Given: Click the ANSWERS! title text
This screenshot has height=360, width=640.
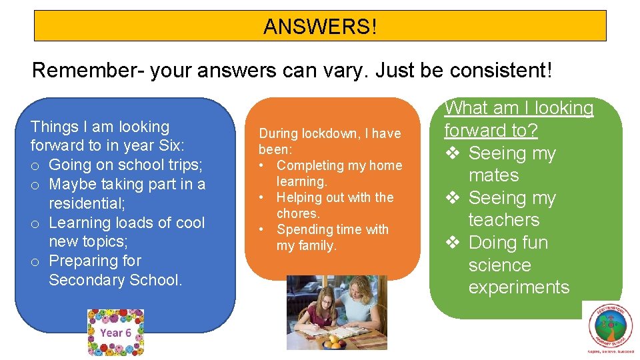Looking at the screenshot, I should pyautogui.click(x=320, y=27).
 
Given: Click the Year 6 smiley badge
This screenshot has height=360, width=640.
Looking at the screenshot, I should pyautogui.click(x=116, y=333).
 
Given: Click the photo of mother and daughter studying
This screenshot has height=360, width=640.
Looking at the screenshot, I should pyautogui.click(x=337, y=313).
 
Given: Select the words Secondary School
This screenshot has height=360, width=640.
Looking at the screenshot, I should pyautogui.click(x=115, y=280).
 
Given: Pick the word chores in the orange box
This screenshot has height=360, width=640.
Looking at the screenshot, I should pyautogui.click(x=299, y=213).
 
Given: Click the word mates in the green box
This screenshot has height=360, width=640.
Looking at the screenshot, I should pyautogui.click(x=493, y=175).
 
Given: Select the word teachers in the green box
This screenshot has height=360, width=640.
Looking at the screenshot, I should pyautogui.click(x=504, y=220).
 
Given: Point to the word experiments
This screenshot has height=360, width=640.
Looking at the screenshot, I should pyautogui.click(x=519, y=287).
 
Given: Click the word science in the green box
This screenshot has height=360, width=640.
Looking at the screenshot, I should pyautogui.click(x=499, y=265).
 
